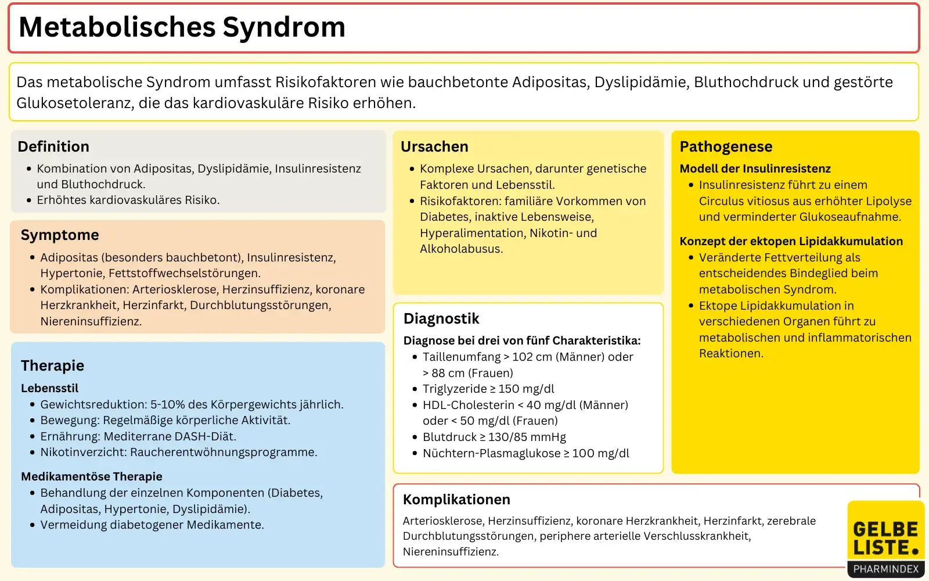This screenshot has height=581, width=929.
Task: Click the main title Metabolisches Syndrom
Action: pos(182,27)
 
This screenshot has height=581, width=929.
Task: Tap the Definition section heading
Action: pos(53,146)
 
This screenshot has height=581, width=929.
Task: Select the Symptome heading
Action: pos(60,235)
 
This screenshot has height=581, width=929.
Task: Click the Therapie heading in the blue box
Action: pos(52,365)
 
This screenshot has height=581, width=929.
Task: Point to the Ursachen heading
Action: pos(434,146)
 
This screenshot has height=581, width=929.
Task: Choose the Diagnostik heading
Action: pos(441,318)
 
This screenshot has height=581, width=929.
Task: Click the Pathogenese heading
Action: pos(726,146)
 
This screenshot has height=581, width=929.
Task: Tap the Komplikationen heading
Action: pos(456,500)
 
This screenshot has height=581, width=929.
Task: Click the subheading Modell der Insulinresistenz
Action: pos(755,168)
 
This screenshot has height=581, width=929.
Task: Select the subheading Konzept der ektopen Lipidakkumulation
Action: pos(791,241)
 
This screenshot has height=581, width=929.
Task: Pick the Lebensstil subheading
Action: pos(49,388)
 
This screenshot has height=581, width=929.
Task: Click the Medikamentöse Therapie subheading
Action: pos(92,476)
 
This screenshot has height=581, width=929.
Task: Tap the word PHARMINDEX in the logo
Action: pos(885,569)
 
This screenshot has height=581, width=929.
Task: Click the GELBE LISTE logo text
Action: pos(885,538)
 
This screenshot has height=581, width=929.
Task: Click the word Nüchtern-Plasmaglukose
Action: pos(492,453)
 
